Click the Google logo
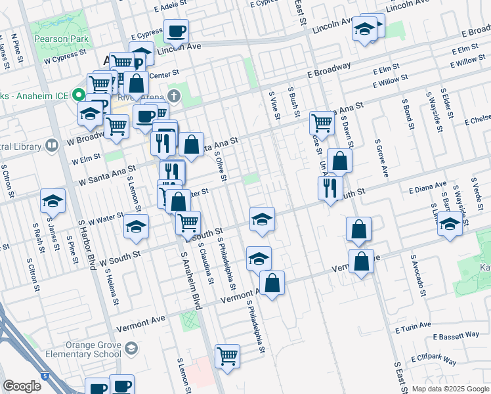pyautogui.click(x=22, y=386)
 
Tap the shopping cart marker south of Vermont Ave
pyautogui.click(x=227, y=356)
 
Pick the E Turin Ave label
pyautogui.click(x=413, y=326)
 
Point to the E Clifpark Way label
pyautogui.click(x=433, y=360)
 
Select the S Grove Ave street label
pyautogui.click(x=380, y=158)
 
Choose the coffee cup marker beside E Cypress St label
pyautogui.click(x=176, y=30)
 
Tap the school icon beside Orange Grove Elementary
pyautogui.click(x=131, y=347)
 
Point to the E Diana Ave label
pyautogui.click(x=427, y=189)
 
